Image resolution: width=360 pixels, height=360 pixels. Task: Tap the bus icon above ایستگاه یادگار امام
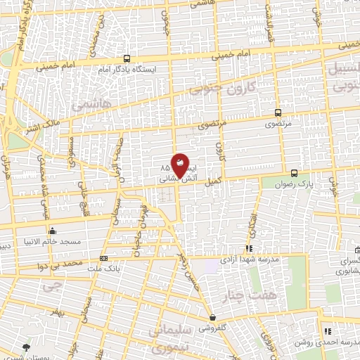(127, 59)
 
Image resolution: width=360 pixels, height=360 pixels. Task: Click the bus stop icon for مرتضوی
(278, 112)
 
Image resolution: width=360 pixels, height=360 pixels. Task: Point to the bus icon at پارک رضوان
(294, 172)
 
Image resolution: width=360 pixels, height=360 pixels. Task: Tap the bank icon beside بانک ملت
(104, 258)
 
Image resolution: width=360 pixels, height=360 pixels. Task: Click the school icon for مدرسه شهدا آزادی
(248, 248)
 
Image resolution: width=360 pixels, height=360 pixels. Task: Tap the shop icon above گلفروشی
(212, 318)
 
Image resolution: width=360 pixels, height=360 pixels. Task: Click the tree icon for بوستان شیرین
(27, 347)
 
